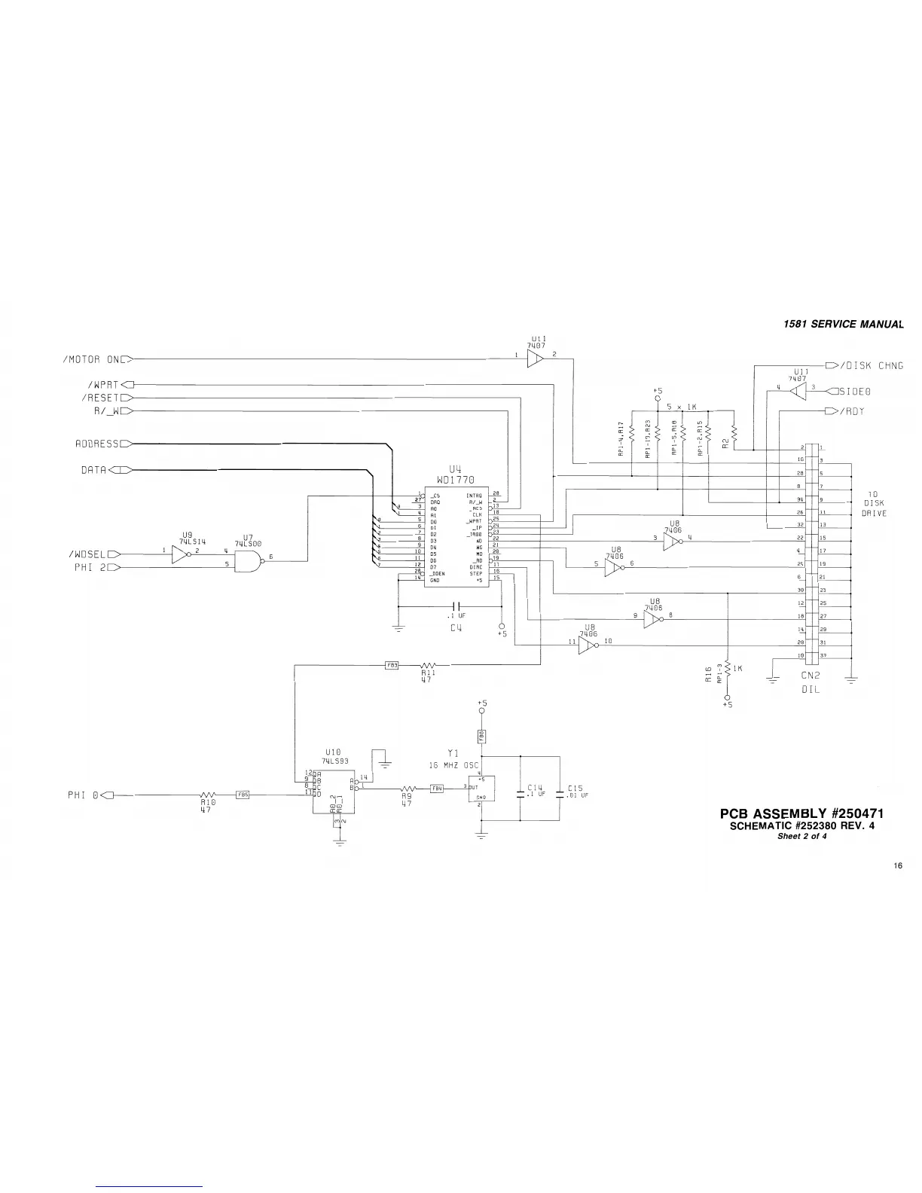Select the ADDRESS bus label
(x=97, y=444)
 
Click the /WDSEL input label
(x=89, y=554)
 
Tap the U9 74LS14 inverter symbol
(x=182, y=555)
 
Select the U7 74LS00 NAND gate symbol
(x=247, y=559)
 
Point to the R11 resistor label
(x=429, y=673)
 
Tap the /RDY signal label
(x=852, y=411)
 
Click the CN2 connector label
(x=810, y=676)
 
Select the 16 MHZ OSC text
(x=453, y=764)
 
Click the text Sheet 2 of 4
(x=801, y=835)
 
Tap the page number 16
(x=898, y=866)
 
